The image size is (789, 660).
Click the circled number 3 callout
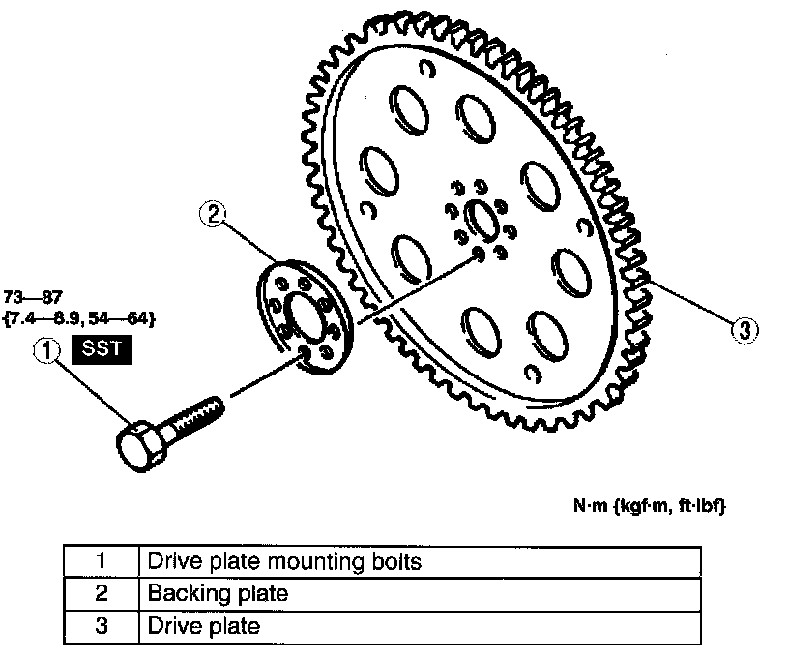click(742, 331)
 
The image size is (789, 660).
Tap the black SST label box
click(102, 349)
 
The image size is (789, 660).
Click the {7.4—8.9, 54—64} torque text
click(79, 317)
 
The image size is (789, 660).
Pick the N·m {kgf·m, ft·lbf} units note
click(644, 506)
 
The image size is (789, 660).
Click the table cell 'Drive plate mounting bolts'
click(284, 561)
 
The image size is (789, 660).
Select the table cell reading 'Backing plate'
click(218, 593)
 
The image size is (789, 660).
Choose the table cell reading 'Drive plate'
click(204, 626)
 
